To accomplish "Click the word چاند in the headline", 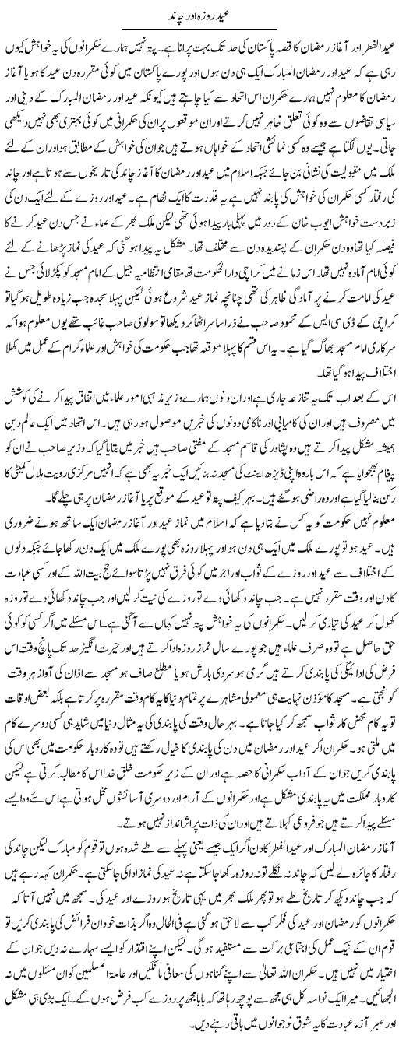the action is [173, 15].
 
